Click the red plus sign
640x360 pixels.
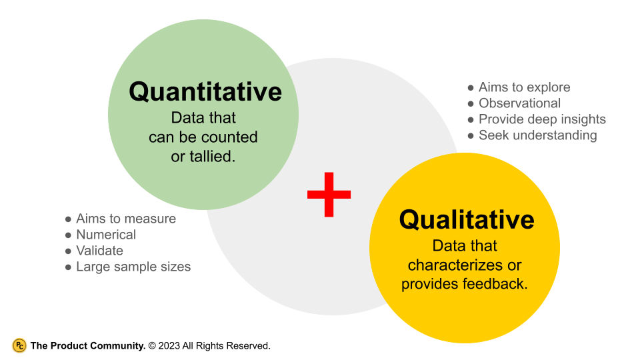coord(329,194)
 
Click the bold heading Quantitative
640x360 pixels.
coord(205,91)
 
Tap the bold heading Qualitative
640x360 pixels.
coord(466,219)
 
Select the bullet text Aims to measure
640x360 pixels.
coord(126,219)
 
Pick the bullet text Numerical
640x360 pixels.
coord(106,235)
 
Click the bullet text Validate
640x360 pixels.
coord(99,251)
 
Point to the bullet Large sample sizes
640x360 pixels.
coord(133,267)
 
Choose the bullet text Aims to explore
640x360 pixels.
coord(524,87)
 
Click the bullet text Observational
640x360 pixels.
coord(519,103)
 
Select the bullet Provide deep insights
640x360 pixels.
coord(542,119)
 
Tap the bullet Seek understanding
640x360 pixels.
coord(537,135)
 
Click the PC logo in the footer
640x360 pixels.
coord(19,345)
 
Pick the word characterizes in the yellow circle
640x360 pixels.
coord(455,265)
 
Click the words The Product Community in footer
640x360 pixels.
coord(87,346)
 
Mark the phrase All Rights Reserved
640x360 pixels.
coord(226,346)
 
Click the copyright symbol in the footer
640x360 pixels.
coord(152,346)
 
